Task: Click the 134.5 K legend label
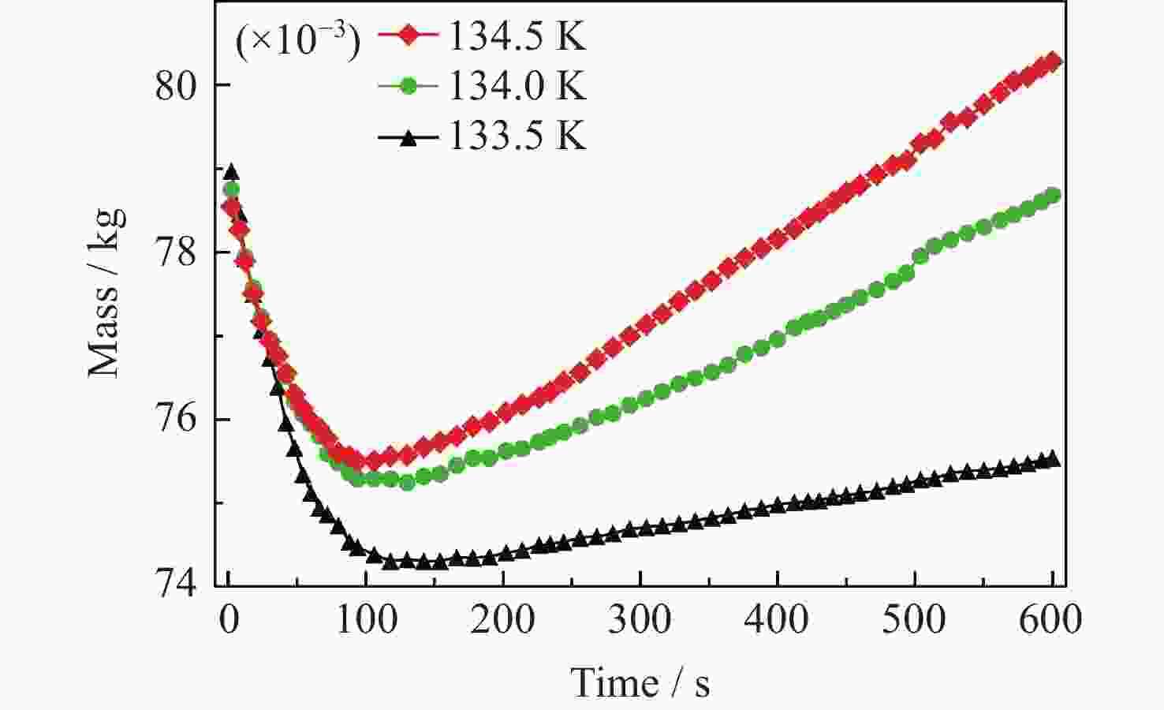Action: tap(517, 36)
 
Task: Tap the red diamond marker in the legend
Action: tap(408, 36)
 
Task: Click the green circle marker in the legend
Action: tap(408, 86)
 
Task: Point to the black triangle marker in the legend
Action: tap(408, 136)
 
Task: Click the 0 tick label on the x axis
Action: tap(229, 620)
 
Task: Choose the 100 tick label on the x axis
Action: tap(366, 620)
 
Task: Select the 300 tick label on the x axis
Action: tap(640, 620)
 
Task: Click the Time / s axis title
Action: tap(640, 682)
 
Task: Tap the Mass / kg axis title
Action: tap(106, 292)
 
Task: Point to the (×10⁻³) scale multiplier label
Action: tap(297, 39)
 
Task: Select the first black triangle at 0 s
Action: tap(230, 172)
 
